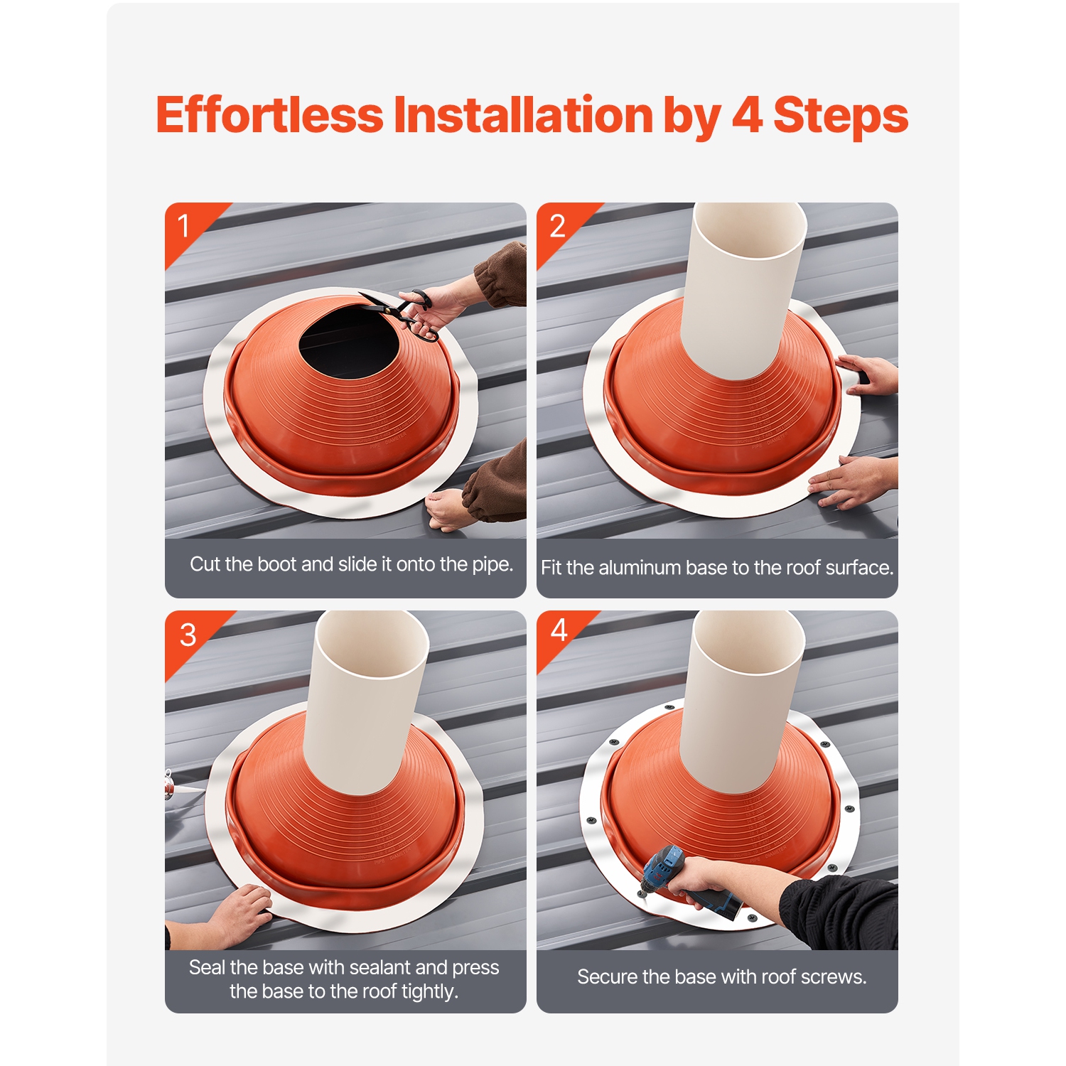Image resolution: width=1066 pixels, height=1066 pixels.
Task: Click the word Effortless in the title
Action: (x=269, y=115)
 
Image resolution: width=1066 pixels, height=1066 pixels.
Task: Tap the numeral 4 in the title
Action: (x=746, y=115)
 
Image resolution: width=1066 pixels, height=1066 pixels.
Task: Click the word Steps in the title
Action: (x=840, y=115)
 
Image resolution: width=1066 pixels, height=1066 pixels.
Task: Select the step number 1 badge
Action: (x=183, y=226)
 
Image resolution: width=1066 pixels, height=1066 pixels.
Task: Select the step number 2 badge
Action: (x=557, y=226)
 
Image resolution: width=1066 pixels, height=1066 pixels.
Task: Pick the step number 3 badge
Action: (x=188, y=635)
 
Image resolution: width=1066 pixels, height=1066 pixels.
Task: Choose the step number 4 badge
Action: (x=559, y=630)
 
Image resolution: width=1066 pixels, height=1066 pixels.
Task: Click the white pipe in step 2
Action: (x=743, y=291)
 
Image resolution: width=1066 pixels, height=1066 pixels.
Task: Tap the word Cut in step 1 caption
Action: (x=205, y=564)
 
